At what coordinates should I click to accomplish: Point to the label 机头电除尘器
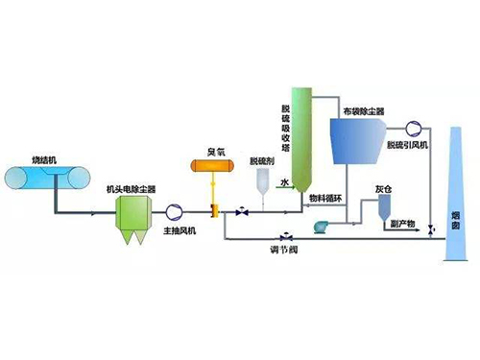coord(132,189)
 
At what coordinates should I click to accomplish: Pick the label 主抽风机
coord(180,230)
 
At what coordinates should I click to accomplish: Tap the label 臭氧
coord(214,150)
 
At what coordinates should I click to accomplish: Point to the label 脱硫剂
coord(261,159)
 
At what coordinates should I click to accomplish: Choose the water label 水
coord(284,180)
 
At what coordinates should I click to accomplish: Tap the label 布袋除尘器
coord(363,111)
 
